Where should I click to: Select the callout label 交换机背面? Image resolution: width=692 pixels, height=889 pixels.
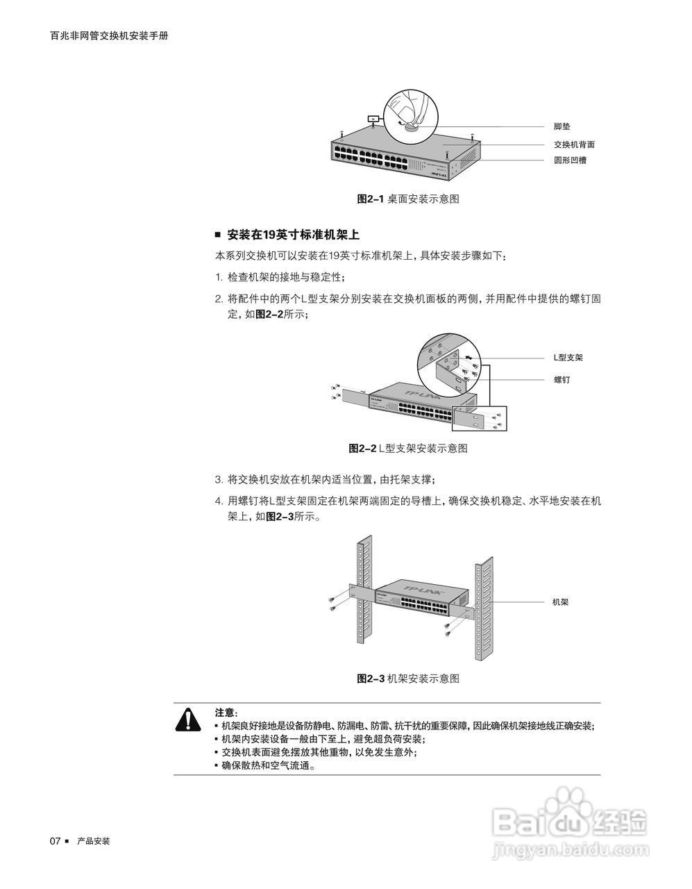coord(574,144)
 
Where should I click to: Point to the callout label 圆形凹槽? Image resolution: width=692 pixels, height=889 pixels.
coord(569,161)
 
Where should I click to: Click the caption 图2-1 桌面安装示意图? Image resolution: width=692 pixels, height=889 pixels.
coord(407,199)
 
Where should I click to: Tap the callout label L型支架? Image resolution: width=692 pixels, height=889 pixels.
coord(568,358)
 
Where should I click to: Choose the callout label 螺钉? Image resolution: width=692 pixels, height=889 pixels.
coord(562,380)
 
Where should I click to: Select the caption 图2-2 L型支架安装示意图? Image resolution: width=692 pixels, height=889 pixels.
coord(407,448)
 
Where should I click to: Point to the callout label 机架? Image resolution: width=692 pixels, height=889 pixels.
coord(560,602)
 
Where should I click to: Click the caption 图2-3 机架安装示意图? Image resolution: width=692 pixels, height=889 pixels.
coord(407,678)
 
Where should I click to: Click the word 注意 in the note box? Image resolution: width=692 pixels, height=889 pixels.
coord(225,713)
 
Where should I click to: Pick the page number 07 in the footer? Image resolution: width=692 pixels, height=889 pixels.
coord(56,841)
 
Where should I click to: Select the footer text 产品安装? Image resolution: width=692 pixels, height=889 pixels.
coord(94,841)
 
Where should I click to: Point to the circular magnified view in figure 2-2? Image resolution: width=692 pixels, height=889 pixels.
coord(448,360)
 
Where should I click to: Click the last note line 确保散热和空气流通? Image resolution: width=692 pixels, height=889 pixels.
coord(268,766)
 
